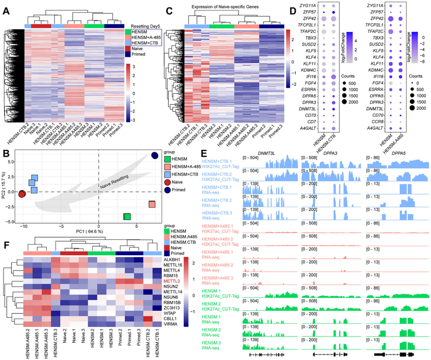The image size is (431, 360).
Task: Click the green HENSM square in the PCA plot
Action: (127, 217)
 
